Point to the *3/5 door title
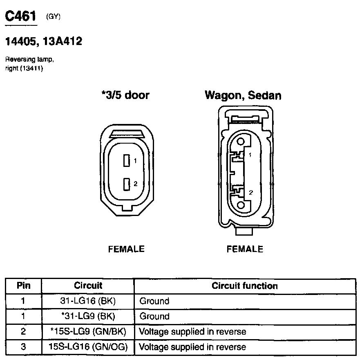click(x=125, y=95)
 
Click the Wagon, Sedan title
click(x=243, y=95)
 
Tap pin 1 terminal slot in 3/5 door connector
click(x=127, y=161)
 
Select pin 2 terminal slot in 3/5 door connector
click(x=127, y=184)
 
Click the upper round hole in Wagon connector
click(x=241, y=142)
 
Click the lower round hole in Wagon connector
click(x=241, y=205)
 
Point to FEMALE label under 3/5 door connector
click(x=126, y=249)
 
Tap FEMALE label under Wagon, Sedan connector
click(x=245, y=249)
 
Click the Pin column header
click(x=23, y=286)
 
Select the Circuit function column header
click(x=244, y=286)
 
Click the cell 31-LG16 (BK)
click(x=88, y=301)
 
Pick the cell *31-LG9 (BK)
click(x=88, y=316)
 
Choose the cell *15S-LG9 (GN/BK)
click(x=88, y=331)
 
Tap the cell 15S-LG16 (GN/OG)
click(x=88, y=347)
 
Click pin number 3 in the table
click(x=23, y=347)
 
